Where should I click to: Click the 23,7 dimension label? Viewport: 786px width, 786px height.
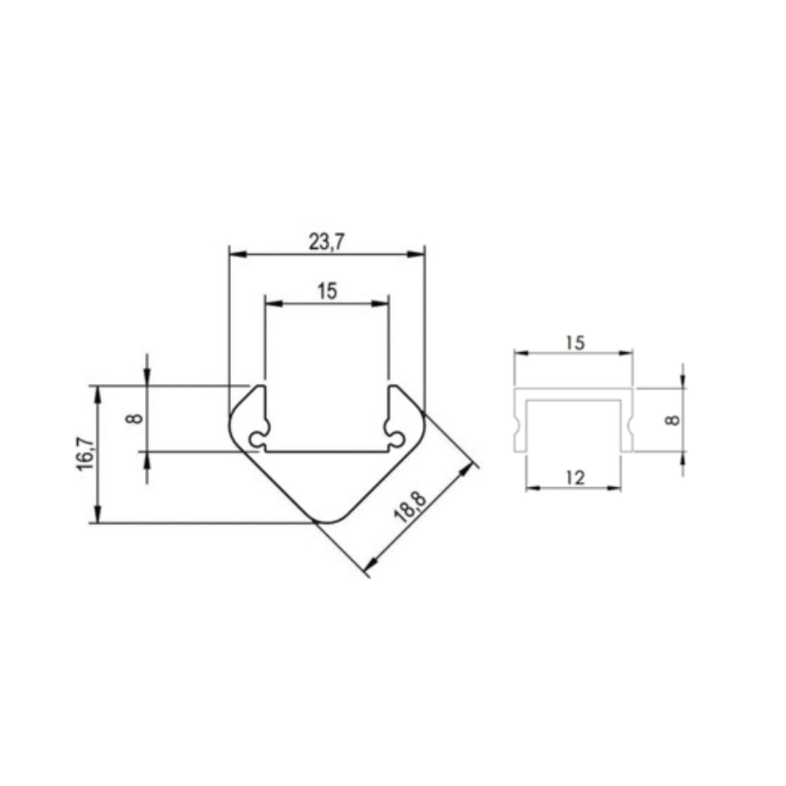tap(326, 243)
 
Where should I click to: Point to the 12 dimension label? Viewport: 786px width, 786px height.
tap(574, 477)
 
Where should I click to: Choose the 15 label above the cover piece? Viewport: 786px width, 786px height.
tap(573, 343)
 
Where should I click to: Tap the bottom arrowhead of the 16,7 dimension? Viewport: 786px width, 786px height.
tap(98, 517)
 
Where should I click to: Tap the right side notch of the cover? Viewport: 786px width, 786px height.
tap(631, 425)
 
